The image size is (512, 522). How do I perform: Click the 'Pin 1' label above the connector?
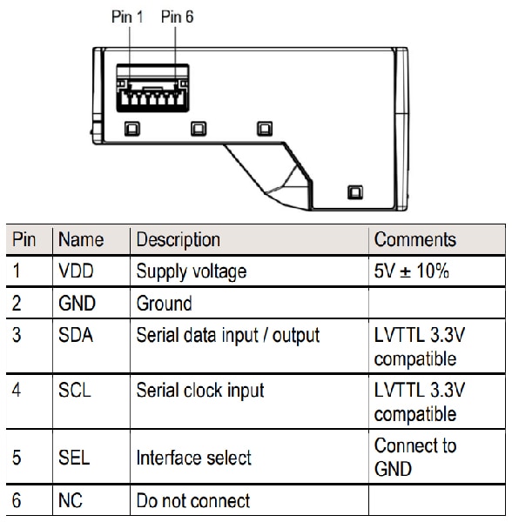tap(126, 17)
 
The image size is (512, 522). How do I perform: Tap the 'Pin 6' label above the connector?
tap(177, 17)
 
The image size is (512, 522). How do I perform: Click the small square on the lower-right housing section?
tap(354, 192)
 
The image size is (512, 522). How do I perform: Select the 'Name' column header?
tap(81, 240)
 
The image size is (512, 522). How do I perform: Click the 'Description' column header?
tap(178, 240)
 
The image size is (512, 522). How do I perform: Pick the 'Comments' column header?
tap(414, 240)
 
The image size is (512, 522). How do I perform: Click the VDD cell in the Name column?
tap(77, 271)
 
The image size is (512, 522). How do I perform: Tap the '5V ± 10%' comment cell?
tap(411, 271)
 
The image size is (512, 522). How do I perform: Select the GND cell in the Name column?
tap(78, 304)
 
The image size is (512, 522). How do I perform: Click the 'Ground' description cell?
tap(164, 304)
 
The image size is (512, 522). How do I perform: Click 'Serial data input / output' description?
tap(228, 336)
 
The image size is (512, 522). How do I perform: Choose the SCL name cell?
tap(77, 391)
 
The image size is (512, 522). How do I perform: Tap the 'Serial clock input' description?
tap(200, 391)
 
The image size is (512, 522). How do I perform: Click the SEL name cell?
tap(76, 458)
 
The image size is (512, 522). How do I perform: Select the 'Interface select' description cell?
tap(194, 458)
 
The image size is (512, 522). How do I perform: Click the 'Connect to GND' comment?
tap(414, 457)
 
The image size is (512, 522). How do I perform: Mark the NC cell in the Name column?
tap(71, 501)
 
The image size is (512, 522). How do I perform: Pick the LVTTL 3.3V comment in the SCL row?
tap(419, 401)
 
